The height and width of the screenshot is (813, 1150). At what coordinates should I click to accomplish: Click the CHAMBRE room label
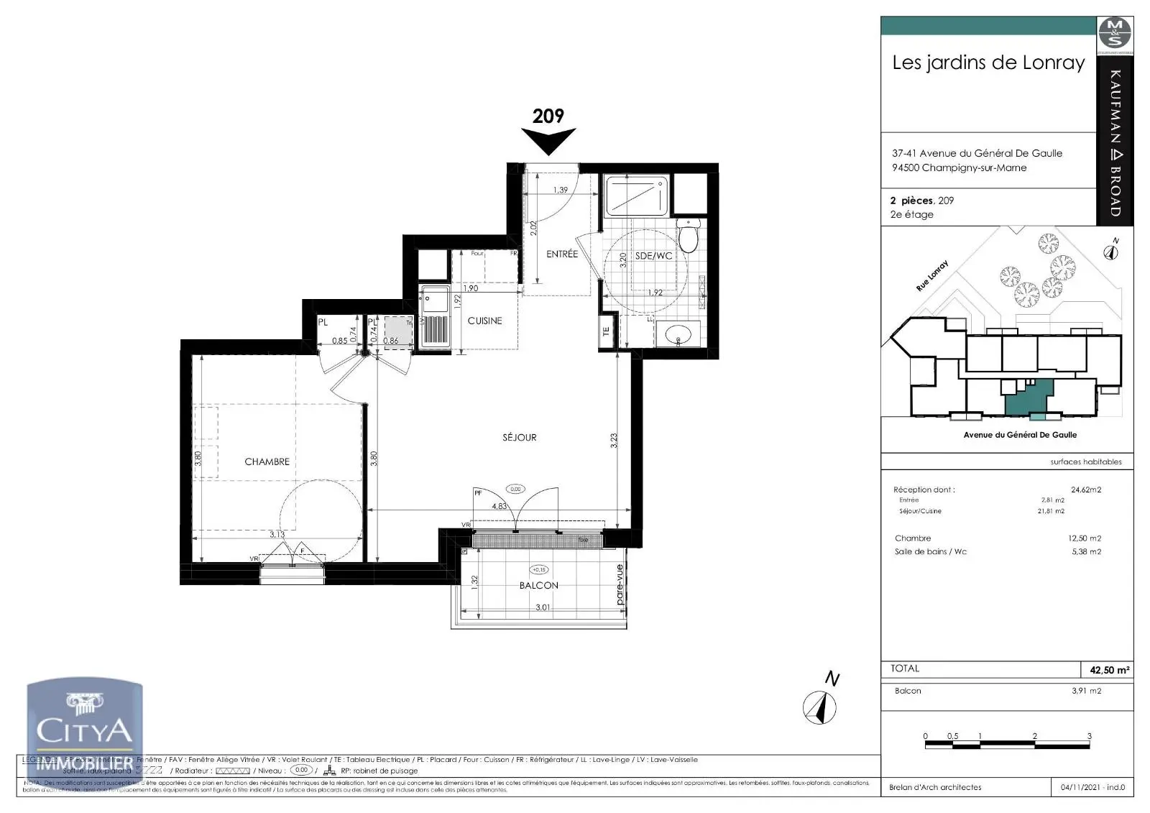pos(267,461)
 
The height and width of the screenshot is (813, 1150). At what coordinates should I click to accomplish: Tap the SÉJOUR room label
pos(519,437)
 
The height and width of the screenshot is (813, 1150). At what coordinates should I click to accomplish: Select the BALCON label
pos(538,585)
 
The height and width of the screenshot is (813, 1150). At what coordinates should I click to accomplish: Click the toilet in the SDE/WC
pos(688,235)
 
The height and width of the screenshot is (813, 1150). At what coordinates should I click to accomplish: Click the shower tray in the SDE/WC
pos(636,195)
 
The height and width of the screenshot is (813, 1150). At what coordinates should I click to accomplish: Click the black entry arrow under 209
pos(548,141)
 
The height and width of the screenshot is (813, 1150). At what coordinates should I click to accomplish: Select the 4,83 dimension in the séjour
pos(499,506)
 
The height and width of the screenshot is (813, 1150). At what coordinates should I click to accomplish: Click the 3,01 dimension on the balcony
pos(543,607)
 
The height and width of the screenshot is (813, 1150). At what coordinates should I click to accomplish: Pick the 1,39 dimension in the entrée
pos(560,190)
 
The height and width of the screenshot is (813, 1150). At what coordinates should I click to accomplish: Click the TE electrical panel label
pos(606,331)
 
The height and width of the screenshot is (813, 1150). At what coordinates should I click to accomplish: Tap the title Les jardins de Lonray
pos(988,63)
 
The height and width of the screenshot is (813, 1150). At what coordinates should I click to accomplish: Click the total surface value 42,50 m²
pos(1109,670)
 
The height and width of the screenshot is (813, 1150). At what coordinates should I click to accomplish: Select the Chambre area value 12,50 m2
pos(1084,538)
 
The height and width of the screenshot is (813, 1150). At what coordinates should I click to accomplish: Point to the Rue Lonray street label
pos(932,275)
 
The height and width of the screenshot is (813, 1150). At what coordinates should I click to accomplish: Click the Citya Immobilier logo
pos(84,726)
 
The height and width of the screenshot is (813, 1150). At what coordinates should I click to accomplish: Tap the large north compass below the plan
pos(819,707)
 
